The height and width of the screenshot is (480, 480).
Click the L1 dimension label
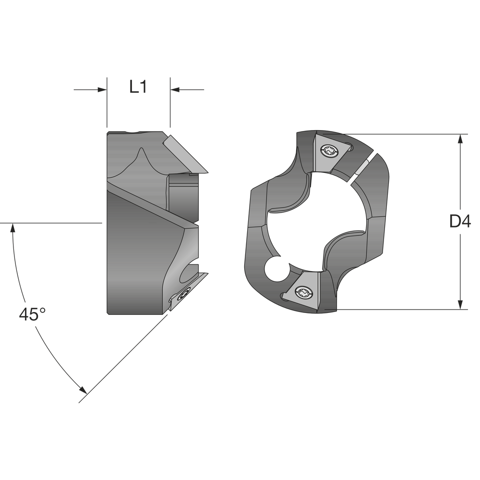tap(138, 87)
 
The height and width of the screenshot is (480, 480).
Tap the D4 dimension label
tap(459, 221)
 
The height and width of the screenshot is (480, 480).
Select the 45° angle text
tap(32, 314)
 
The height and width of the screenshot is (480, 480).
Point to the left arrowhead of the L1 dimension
tap(102, 89)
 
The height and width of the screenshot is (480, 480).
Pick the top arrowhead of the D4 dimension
tap(460, 139)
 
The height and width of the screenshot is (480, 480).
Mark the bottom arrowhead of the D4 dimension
tap(460, 305)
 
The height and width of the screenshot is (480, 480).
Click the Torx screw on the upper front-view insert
tap(329, 150)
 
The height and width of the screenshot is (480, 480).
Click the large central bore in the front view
tap(317, 221)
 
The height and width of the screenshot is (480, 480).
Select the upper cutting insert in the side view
tap(185, 155)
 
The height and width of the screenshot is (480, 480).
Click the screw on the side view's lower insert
tap(184, 295)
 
